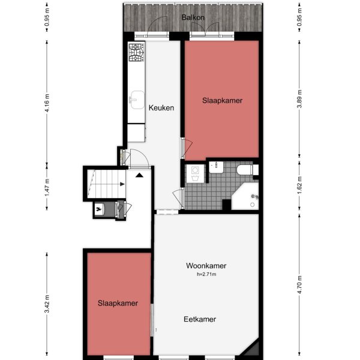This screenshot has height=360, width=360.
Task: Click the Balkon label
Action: click(193, 17)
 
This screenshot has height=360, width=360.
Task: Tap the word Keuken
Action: click(161, 108)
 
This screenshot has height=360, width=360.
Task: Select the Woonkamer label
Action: click(206, 266)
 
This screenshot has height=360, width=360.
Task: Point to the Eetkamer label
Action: click(199, 319)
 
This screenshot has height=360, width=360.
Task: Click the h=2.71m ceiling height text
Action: click(205, 274)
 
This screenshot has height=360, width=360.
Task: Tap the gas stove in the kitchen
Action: click(136, 53)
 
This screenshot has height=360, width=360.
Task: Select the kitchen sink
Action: click(135, 98)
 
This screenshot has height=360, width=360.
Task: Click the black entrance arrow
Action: click(139, 175)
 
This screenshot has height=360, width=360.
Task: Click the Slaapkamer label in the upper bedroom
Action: click(222, 101)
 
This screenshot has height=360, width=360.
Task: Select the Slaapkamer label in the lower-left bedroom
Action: click(118, 304)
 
